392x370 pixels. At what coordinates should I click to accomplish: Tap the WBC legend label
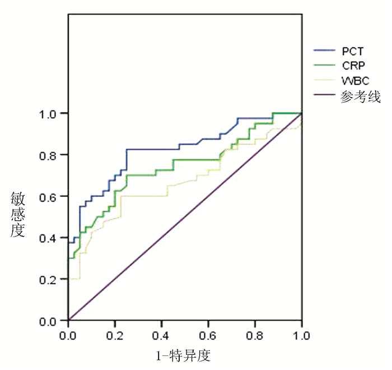point(352,81)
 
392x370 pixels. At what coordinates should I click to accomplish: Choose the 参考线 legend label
point(360,96)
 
